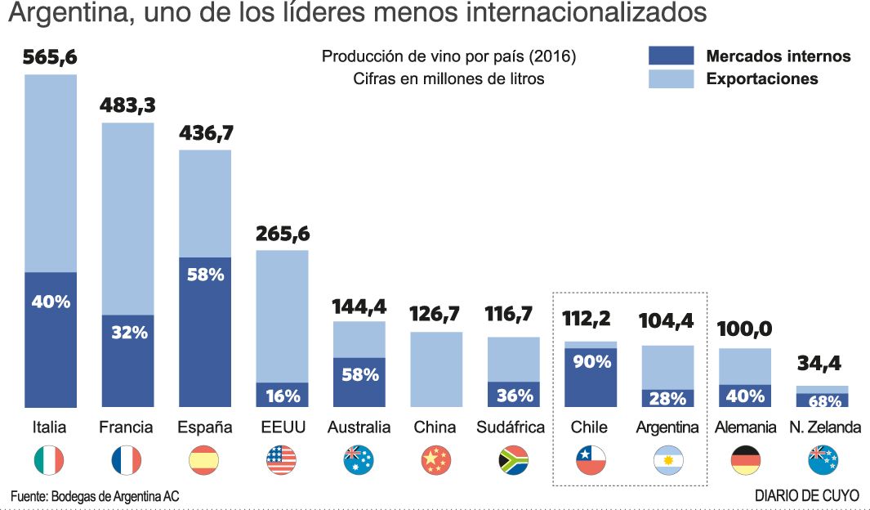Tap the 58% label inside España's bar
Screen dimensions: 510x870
tap(205, 275)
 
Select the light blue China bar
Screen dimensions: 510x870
tap(436, 369)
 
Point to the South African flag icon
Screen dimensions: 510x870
tap(513, 461)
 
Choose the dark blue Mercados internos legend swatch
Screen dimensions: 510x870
tap(671, 56)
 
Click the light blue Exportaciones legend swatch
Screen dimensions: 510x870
tap(671, 78)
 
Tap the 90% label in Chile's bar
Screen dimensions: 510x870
tap(591, 360)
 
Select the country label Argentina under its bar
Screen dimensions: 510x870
tap(667, 427)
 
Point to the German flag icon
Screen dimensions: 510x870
tap(744, 461)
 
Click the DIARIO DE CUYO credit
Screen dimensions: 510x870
tap(806, 496)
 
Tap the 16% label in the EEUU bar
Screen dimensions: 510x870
tap(282, 396)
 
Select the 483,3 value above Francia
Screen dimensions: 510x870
tap(127, 105)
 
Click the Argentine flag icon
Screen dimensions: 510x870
tap(668, 461)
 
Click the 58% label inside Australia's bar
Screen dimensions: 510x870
tap(359, 375)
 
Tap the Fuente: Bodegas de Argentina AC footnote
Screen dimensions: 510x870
tap(95, 496)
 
